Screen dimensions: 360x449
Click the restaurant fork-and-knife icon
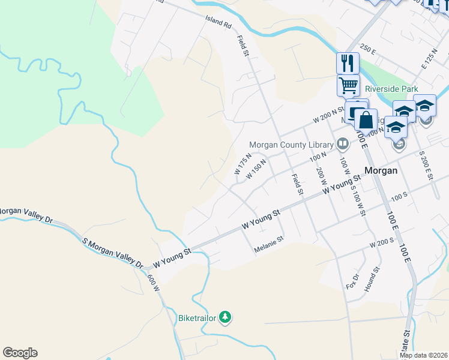(348, 62)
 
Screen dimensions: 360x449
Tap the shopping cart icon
(348, 86)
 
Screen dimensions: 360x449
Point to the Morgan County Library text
(291, 145)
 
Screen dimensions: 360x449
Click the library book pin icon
(342, 143)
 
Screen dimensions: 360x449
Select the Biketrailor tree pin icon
(225, 317)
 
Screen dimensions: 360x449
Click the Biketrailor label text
(197, 317)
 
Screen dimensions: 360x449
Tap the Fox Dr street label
(352, 282)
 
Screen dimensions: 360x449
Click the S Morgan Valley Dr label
(113, 253)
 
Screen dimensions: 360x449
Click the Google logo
(20, 353)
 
